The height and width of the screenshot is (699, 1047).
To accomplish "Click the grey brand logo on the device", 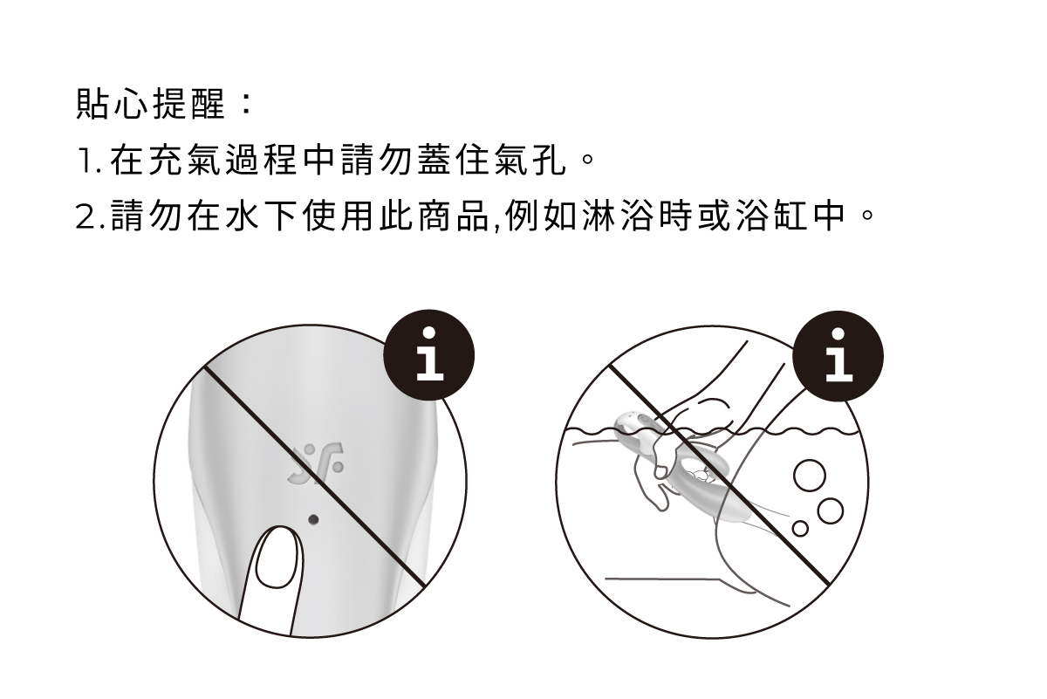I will point(314,463).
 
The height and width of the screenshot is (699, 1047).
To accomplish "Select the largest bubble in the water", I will point(808,476).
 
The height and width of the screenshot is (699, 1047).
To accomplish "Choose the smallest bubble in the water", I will point(799,528).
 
